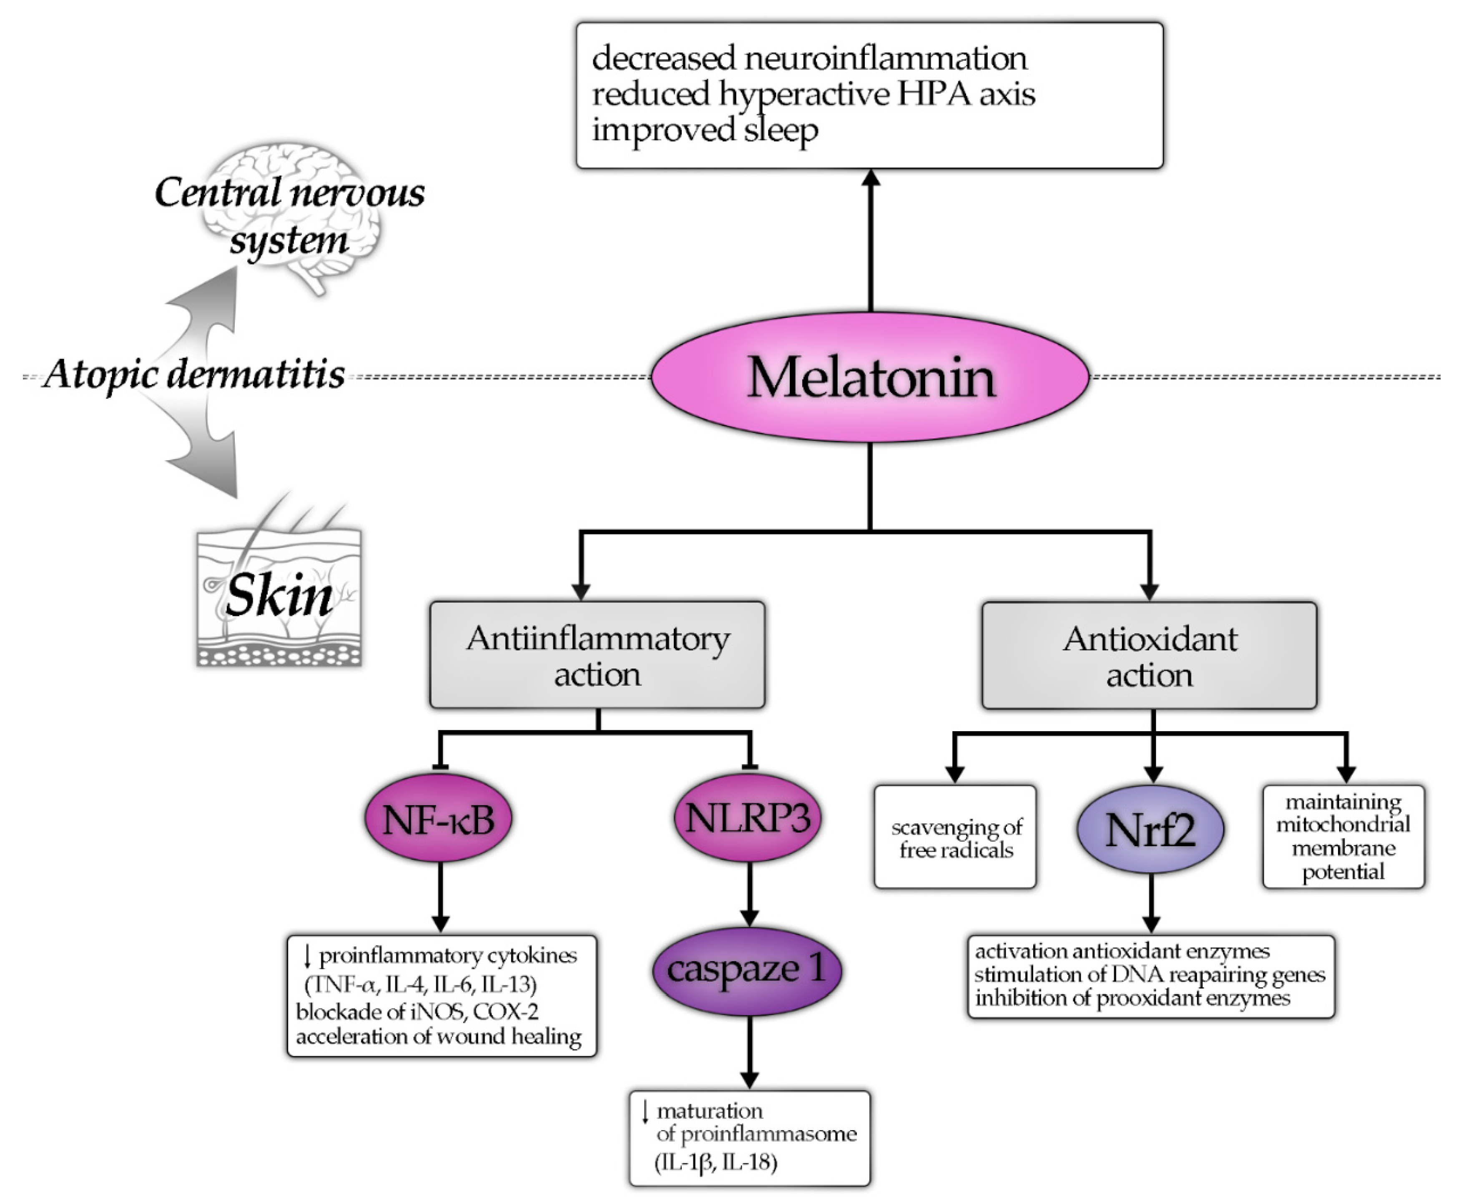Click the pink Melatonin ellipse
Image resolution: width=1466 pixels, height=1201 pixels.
[870, 378]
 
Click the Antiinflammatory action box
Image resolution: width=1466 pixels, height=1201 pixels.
[597, 655]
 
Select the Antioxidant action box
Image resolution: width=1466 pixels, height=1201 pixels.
[1149, 656]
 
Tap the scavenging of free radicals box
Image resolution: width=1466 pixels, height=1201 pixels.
[955, 837]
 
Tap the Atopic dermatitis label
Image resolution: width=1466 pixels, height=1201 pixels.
[194, 375]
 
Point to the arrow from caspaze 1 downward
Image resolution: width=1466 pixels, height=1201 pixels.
[748, 1052]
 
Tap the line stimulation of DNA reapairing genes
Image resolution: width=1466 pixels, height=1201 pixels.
[1149, 975]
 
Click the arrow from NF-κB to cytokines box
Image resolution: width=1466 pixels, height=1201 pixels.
[441, 896]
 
